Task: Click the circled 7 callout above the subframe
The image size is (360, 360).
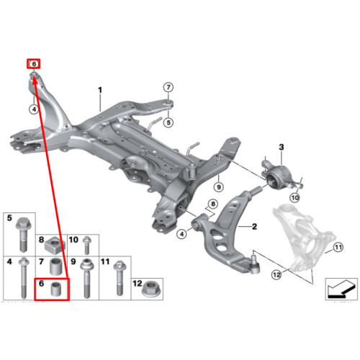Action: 168,87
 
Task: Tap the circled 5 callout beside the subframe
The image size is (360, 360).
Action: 168,122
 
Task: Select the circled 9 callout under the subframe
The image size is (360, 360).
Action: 219,186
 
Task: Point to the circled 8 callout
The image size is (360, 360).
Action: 213,204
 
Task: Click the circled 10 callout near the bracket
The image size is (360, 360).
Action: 294,198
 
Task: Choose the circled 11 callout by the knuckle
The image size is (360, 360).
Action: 338,247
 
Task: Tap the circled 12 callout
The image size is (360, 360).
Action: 276,274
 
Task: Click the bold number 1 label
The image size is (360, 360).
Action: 100,90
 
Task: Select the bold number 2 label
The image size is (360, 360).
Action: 254,227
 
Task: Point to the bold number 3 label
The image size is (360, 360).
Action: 282,147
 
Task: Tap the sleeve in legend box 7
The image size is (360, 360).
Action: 56,266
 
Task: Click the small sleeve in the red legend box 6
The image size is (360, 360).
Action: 57,289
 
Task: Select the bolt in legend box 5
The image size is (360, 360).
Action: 23,235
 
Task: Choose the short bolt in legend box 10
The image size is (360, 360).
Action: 87,246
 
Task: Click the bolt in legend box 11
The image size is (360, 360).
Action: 120,278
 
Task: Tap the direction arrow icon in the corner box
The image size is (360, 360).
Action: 341,289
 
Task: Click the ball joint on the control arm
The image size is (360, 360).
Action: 255,266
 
